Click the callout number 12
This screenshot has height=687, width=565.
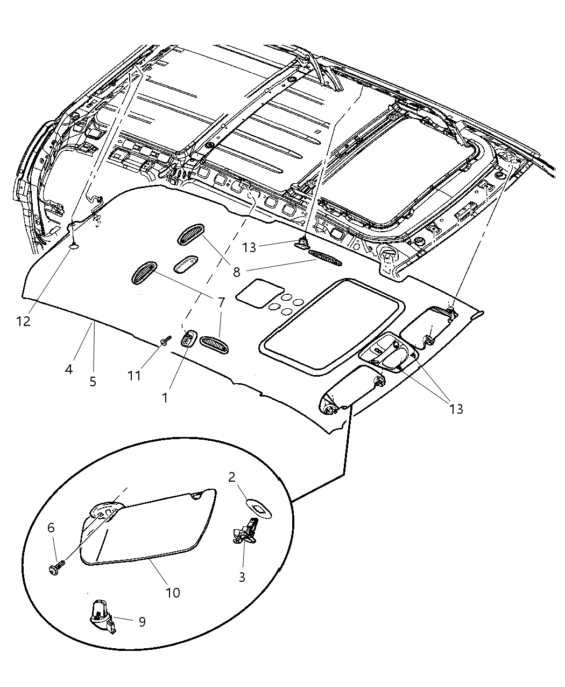tap(23, 321)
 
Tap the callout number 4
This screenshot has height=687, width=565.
tap(69, 369)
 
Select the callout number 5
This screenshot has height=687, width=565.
tap(93, 381)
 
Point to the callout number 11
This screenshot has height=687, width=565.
tap(134, 376)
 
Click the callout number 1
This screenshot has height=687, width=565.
tap(165, 398)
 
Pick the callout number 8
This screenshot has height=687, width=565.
tap(237, 272)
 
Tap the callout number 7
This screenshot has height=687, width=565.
tap(221, 302)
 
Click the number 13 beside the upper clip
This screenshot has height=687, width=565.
tap(249, 247)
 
